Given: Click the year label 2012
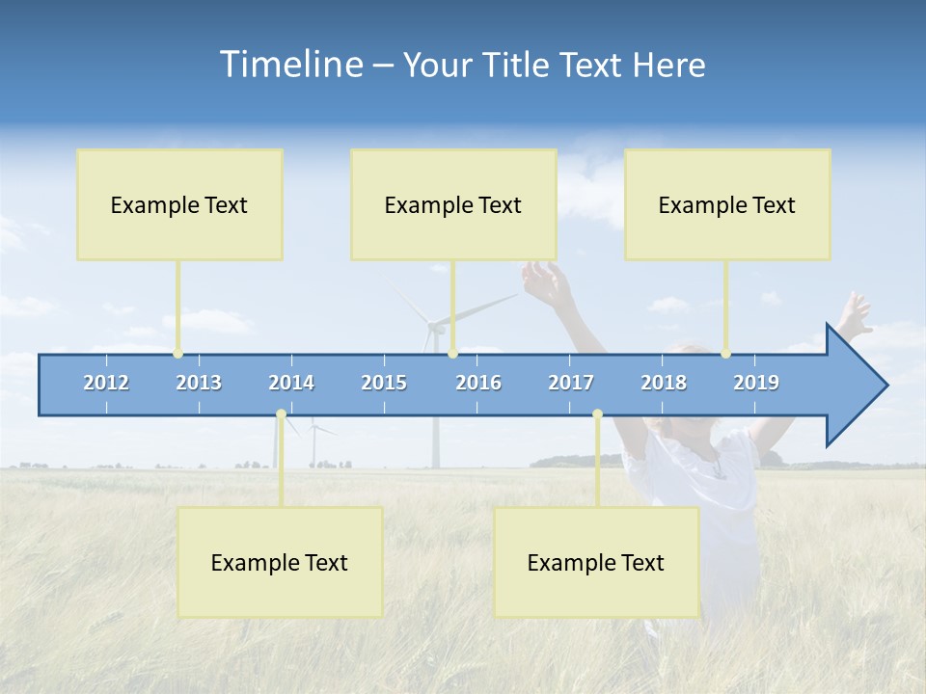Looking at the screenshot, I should pyautogui.click(x=106, y=383).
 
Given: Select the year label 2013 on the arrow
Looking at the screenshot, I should pyautogui.click(x=199, y=383).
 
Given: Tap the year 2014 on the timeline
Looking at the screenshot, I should pyautogui.click(x=291, y=383).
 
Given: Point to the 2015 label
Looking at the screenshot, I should pyautogui.click(x=384, y=383).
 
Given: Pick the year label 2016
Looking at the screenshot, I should pyautogui.click(x=478, y=383).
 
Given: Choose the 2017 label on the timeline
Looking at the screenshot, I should pyautogui.click(x=571, y=383).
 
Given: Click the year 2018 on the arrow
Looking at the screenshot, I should pyautogui.click(x=664, y=383).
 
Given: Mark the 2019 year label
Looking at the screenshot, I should pyautogui.click(x=756, y=383).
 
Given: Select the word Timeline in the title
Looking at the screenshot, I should pyautogui.click(x=289, y=65).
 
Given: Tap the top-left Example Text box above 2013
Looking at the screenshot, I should pyautogui.click(x=179, y=204).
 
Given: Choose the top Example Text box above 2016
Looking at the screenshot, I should pyautogui.click(x=453, y=204).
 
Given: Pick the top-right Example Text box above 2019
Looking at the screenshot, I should pyautogui.click(x=727, y=204).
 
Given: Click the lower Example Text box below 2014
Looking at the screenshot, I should pyautogui.click(x=280, y=562).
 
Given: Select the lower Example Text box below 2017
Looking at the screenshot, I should pyautogui.click(x=596, y=562).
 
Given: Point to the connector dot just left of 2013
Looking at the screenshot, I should pyautogui.click(x=177, y=354).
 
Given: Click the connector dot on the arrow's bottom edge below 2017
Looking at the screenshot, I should pyautogui.click(x=597, y=414).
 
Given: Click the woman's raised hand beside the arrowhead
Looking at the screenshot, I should pyautogui.click(x=855, y=313).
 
